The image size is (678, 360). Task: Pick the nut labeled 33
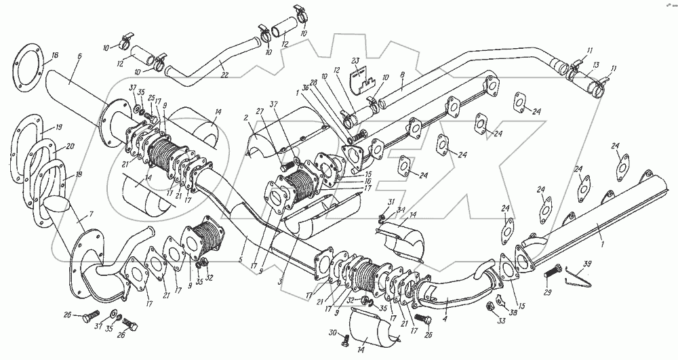(490, 308)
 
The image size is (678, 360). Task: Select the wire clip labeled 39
(576, 277)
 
